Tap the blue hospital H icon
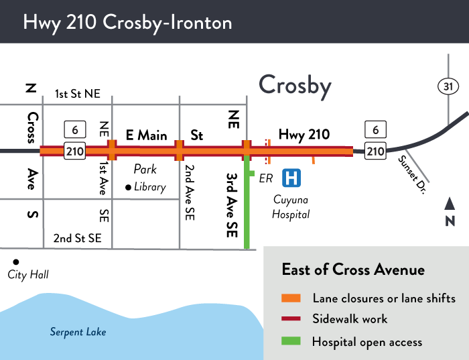291,178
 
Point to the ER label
266,178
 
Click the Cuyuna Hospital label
291,206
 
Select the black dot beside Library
128,188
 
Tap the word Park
145,169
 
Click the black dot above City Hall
15,261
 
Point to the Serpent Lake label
78,332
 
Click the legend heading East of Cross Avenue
353,270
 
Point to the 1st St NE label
77,94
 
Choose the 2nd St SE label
78,237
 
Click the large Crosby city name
295,85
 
